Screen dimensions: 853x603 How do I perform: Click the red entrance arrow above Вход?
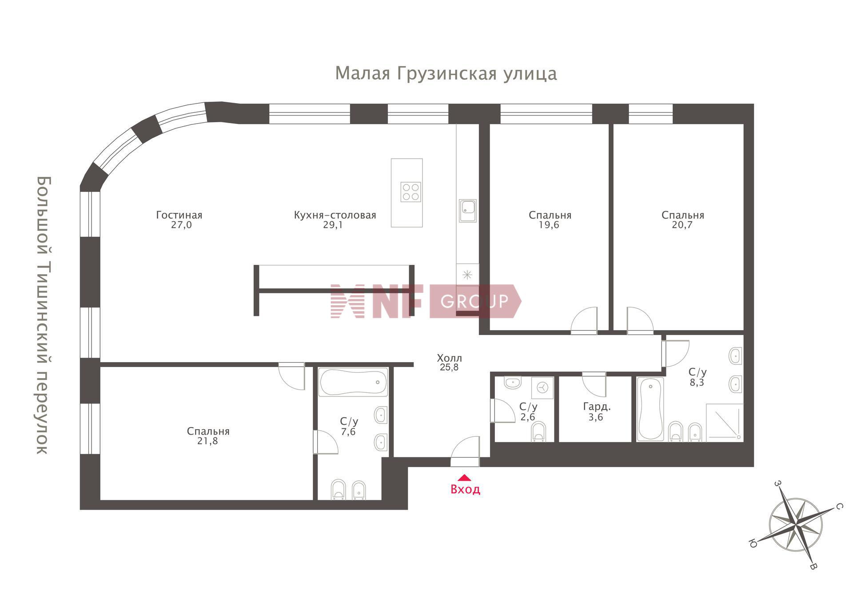click(x=464, y=478)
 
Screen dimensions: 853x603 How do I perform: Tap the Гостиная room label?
click(x=179, y=215)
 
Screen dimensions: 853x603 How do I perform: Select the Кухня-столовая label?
click(x=335, y=215)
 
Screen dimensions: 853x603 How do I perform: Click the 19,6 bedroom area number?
click(x=549, y=225)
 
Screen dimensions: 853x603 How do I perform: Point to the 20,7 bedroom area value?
click(x=682, y=225)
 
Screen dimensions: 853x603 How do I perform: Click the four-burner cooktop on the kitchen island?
click(x=411, y=192)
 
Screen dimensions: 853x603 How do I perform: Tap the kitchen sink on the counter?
click(x=467, y=211)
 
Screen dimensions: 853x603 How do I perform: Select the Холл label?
click(x=449, y=358)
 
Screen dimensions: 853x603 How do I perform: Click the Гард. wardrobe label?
click(x=597, y=406)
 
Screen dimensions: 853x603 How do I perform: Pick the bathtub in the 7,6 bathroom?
click(x=353, y=382)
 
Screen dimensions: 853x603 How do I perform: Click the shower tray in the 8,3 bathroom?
click(x=724, y=423)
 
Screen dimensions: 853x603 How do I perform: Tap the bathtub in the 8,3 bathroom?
click(x=650, y=409)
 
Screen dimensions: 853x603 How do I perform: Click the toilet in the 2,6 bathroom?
click(x=538, y=431)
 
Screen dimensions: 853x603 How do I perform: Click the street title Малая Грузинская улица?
click(x=446, y=73)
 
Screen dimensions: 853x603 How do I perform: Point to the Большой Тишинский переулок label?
click(x=44, y=315)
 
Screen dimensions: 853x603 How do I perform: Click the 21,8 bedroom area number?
click(x=207, y=441)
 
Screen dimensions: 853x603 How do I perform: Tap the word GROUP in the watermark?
click(x=474, y=301)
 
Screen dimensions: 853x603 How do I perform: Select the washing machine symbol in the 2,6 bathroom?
click(x=542, y=387)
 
